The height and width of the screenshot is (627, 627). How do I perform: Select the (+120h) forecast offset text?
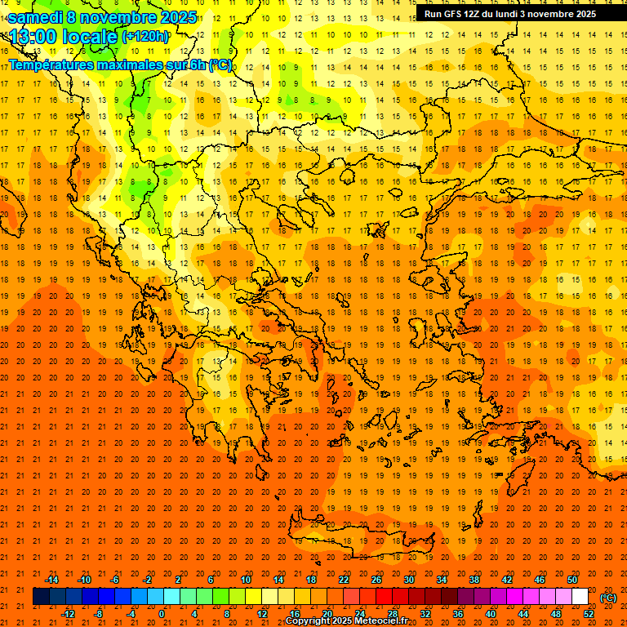145,36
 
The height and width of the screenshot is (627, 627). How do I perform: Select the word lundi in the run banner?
522,14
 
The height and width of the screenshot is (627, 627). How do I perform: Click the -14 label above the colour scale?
51,580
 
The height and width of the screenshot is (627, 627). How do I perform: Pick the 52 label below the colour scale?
589,614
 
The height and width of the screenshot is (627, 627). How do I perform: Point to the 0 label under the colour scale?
162,614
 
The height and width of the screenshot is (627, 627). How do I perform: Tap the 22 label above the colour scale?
344,580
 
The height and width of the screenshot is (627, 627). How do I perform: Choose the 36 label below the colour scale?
458,614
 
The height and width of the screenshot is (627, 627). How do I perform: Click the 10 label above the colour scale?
246,580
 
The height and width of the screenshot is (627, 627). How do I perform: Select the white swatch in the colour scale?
580,597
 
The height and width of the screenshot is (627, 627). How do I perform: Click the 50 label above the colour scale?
572,580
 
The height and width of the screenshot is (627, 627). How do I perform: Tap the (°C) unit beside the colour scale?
608,598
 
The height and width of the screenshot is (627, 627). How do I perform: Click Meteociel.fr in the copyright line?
380,621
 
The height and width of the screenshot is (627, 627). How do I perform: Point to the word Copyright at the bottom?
308,621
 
